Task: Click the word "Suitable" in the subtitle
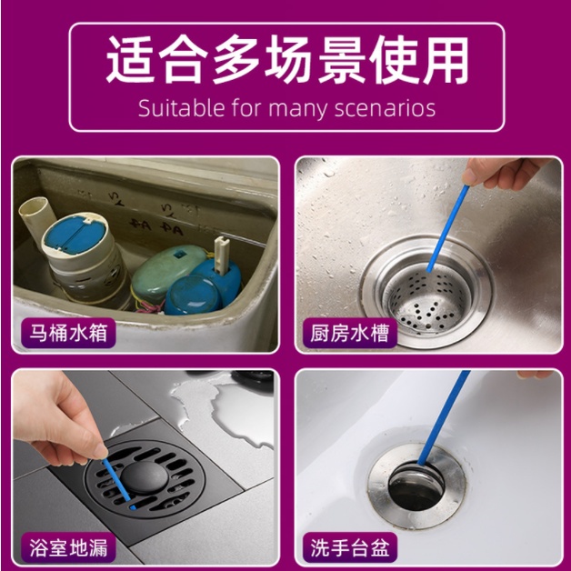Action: (x=181, y=108)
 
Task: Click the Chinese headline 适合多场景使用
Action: (x=287, y=60)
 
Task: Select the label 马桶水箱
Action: (x=68, y=333)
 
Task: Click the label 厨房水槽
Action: (x=349, y=333)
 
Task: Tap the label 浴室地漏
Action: (x=68, y=547)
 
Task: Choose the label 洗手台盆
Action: (x=349, y=547)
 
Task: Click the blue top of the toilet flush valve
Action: (x=75, y=234)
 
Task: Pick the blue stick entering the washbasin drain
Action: (x=444, y=418)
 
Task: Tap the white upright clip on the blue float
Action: (x=221, y=255)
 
